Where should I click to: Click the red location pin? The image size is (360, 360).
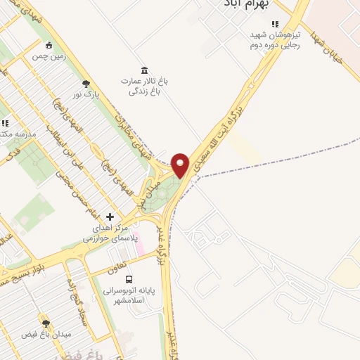click(181, 165)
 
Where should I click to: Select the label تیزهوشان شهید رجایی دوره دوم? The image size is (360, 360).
click(276, 40)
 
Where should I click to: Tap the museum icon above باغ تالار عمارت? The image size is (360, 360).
click(144, 70)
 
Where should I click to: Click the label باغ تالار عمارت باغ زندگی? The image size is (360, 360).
click(144, 86)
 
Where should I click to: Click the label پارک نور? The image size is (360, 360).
click(86, 94)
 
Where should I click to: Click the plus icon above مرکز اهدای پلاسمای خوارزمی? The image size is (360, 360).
click(109, 217)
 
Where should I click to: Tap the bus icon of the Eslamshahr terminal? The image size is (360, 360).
click(128, 279)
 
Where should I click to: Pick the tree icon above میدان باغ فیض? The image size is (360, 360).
click(46, 323)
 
